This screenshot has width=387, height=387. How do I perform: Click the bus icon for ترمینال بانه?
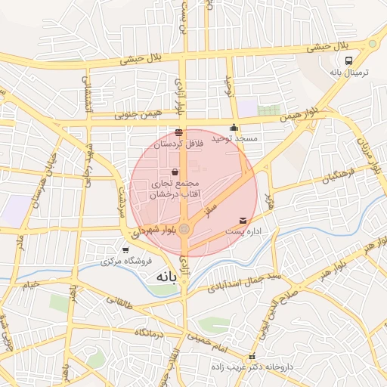coord(349,60)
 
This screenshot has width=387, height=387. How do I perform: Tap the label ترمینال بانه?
coord(348,73)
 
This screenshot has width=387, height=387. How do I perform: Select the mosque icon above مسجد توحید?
coord(234,127)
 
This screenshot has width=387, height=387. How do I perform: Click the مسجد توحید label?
coord(234,139)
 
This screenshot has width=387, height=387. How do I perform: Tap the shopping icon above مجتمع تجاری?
coord(175,172)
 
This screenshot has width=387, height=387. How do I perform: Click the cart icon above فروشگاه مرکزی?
coord(125,249)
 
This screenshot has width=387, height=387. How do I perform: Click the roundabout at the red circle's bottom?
coord(185,228)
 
